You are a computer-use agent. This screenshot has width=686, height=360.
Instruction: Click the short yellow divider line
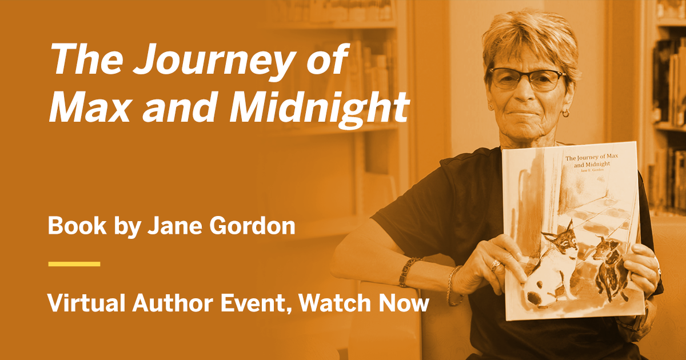pos(74,264)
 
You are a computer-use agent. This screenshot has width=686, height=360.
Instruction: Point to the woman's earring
pos(565,113)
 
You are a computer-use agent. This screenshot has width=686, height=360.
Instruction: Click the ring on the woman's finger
pos(495,265)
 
